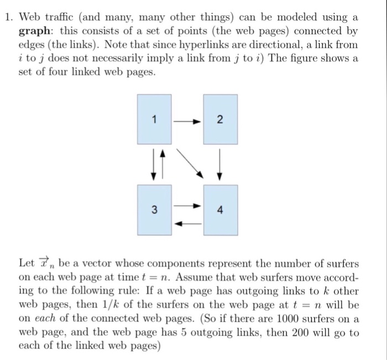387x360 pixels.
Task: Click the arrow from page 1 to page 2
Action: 187,119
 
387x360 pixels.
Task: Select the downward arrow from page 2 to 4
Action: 219,163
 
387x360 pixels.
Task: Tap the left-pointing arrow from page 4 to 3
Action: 187,224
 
